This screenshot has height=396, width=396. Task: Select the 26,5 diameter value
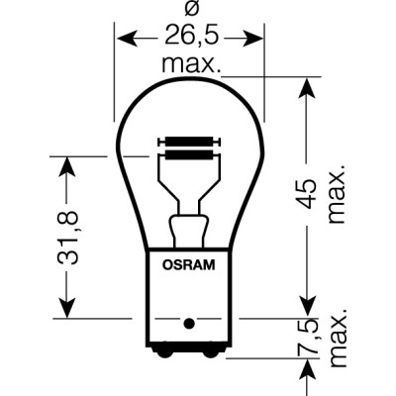[x=189, y=40]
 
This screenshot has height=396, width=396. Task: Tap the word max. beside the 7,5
[x=338, y=342]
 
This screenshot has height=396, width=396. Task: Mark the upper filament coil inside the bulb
[x=189, y=142]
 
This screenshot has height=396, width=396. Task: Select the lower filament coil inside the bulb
[x=189, y=154]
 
